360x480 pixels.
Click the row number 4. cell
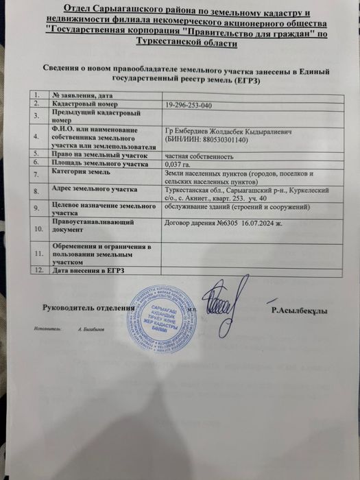(37, 136)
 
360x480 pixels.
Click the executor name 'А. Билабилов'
(91, 330)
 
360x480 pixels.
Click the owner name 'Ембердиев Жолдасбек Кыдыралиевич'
(230, 129)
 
